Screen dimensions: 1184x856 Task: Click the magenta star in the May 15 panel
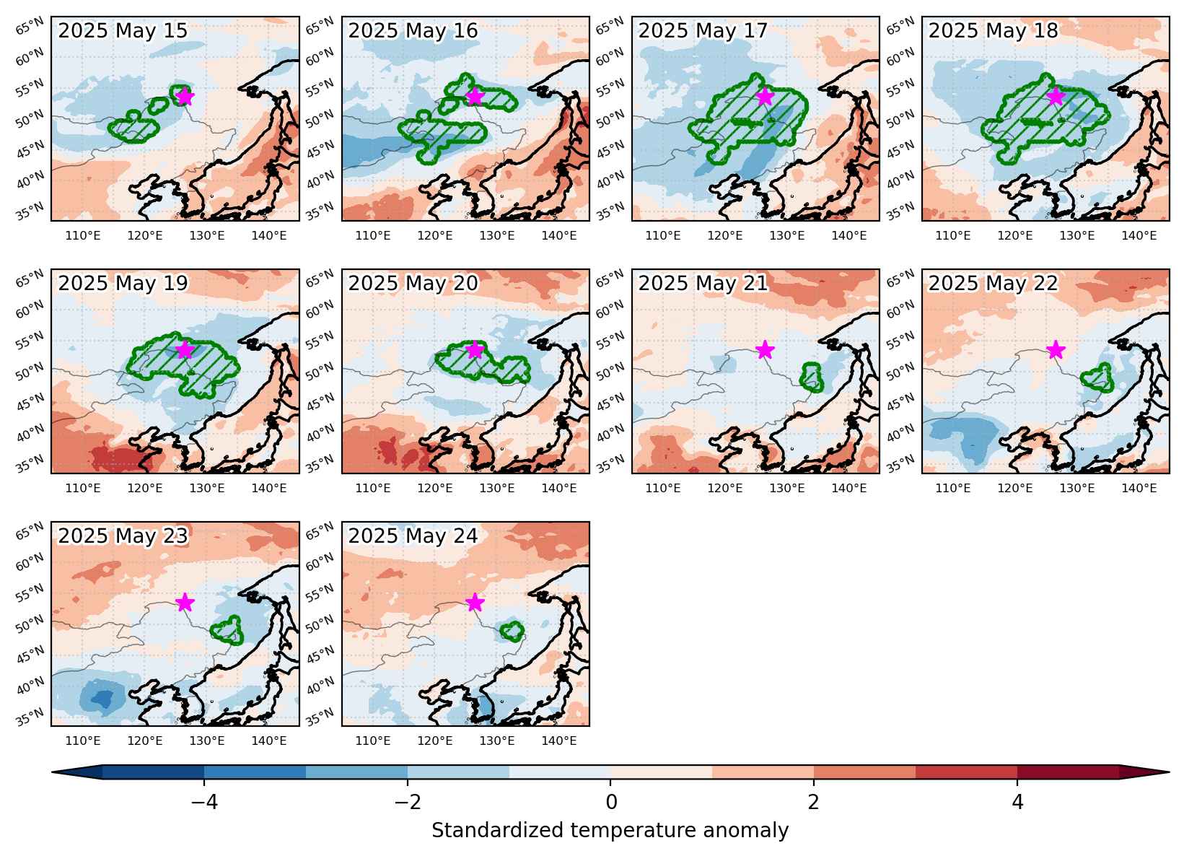(185, 97)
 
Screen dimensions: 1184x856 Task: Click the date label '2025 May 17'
(703, 30)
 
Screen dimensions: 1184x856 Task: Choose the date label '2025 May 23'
(123, 536)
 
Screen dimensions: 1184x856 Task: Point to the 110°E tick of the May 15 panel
(82, 235)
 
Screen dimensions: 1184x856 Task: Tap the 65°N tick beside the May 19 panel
(30, 278)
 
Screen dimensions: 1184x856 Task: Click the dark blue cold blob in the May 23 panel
(104, 699)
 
